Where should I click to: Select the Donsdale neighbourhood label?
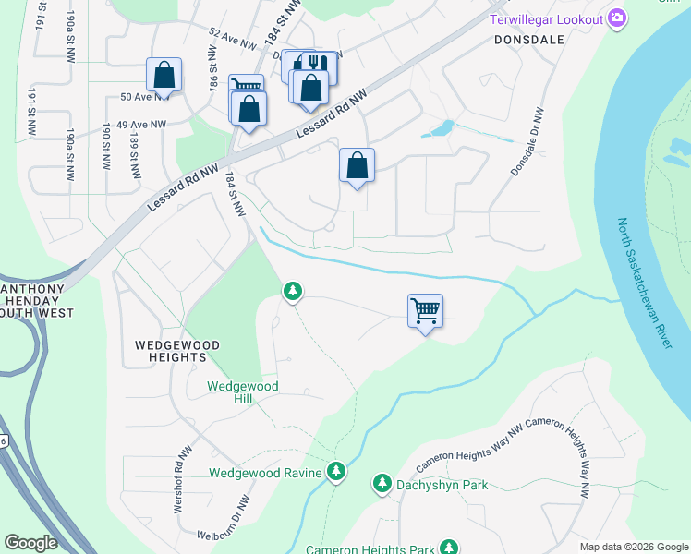528,41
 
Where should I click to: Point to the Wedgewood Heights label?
177,351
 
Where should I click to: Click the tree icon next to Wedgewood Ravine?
337,472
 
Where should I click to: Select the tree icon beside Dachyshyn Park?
382,483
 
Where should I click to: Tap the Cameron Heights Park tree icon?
449,548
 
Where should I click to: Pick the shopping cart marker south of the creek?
425,311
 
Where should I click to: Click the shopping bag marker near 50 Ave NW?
164,76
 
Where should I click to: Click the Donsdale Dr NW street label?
528,142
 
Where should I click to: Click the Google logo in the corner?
30,543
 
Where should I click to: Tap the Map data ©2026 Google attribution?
634,547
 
